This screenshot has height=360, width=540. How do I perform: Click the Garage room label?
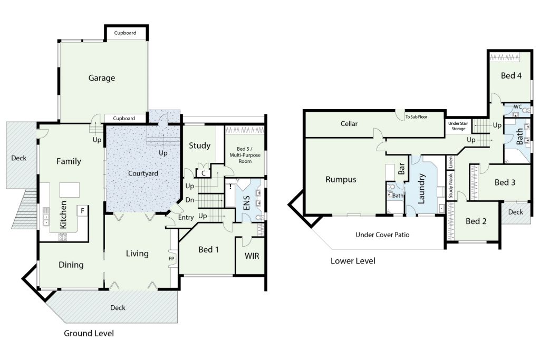pyautogui.click(x=102, y=78)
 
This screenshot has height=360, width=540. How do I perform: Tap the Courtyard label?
pyautogui.click(x=143, y=173)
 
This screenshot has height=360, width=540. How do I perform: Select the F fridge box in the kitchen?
pyautogui.click(x=83, y=211)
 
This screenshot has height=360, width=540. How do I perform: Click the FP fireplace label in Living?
pyautogui.click(x=171, y=259)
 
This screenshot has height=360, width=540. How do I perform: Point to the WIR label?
pyautogui.click(x=252, y=256)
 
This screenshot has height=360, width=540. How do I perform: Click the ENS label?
pyautogui.click(x=247, y=203)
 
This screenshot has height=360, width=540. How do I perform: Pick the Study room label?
pyautogui.click(x=199, y=145)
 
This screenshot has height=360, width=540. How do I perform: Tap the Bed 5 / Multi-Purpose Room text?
pyautogui.click(x=245, y=155)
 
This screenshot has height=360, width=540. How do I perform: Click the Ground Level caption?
pyautogui.click(x=89, y=333)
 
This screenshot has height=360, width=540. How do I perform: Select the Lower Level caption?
pyautogui.click(x=353, y=261)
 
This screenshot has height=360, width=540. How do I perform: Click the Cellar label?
pyautogui.click(x=349, y=124)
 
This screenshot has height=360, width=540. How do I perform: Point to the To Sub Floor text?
pyautogui.click(x=416, y=117)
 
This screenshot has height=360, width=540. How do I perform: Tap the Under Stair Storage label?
pyautogui.click(x=458, y=126)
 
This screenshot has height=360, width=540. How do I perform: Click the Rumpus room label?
pyautogui.click(x=341, y=180)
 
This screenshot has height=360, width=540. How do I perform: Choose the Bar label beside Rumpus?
pyautogui.click(x=401, y=169)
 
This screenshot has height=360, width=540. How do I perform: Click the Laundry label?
pyautogui.click(x=421, y=189)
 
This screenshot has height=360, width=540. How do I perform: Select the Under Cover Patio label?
pyautogui.click(x=382, y=235)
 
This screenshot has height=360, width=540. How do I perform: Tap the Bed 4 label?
pyautogui.click(x=511, y=76)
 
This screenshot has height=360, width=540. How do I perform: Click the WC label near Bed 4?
pyautogui.click(x=518, y=106)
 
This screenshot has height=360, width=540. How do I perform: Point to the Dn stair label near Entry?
pyautogui.click(x=189, y=200)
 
